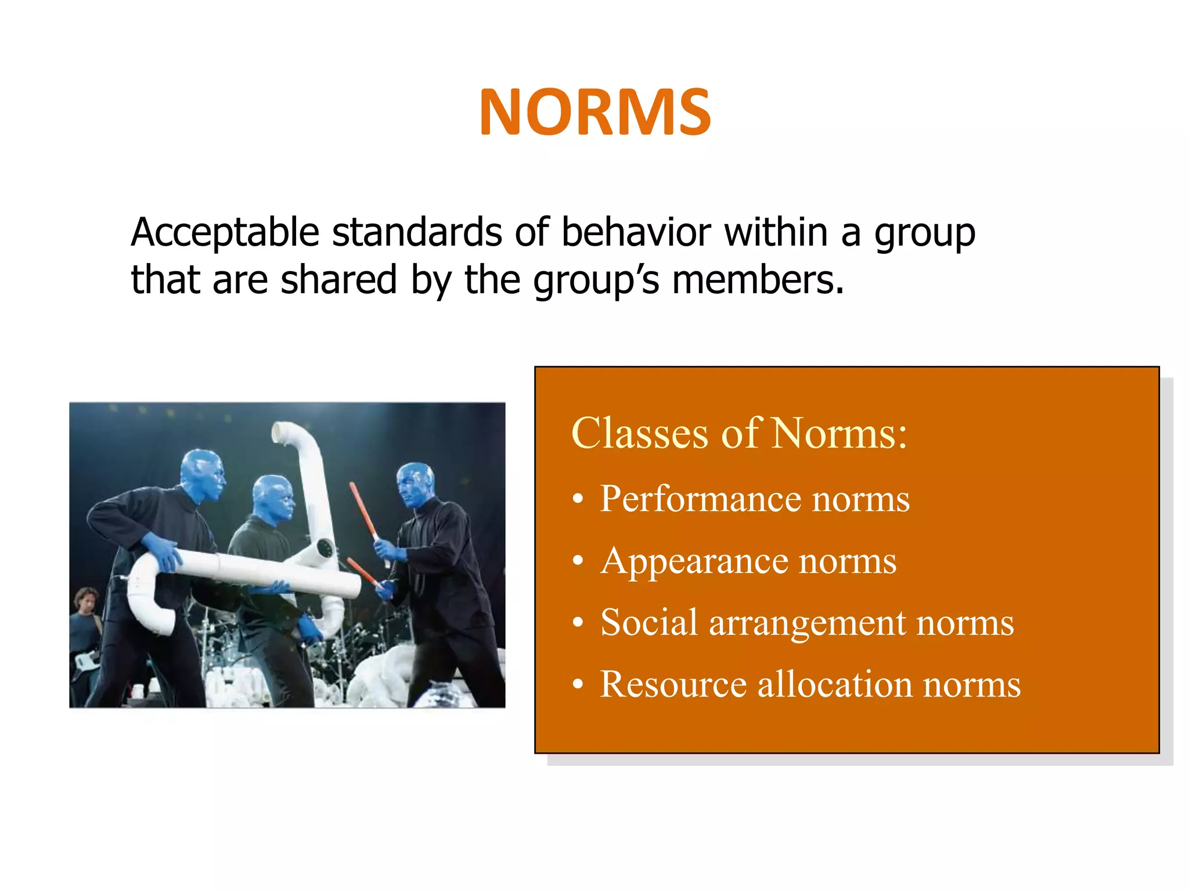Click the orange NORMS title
pyautogui.click(x=595, y=112)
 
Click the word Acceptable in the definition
pyautogui.click(x=225, y=232)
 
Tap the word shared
pyautogui.click(x=338, y=280)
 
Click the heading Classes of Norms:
pyautogui.click(x=738, y=433)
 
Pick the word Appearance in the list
pyautogui.click(x=694, y=561)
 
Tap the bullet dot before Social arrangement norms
pyautogui.click(x=577, y=623)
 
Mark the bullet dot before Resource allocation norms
pyautogui.click(x=577, y=685)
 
